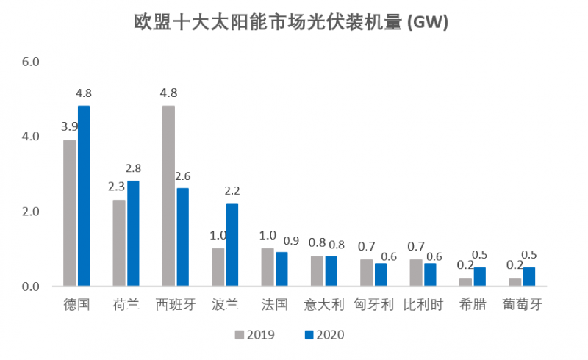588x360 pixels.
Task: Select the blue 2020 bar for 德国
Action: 84,195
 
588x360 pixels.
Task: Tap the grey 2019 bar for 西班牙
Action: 168,195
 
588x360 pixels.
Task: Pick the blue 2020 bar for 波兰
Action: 232,244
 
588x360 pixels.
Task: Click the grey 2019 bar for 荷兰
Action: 119,242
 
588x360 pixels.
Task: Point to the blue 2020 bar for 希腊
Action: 479,276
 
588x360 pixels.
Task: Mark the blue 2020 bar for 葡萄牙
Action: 528,276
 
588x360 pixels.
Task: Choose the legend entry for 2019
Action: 254,335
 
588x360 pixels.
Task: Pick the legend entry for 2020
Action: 324,335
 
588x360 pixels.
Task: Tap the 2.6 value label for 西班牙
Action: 183,176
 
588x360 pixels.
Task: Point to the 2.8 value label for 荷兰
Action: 133,168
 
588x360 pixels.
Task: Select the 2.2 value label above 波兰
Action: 232,190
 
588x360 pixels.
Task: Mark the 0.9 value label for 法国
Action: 282,240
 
